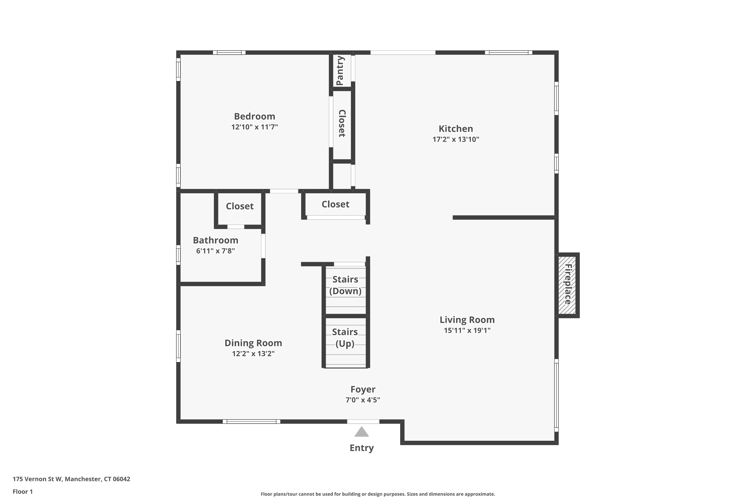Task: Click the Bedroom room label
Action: click(x=254, y=116)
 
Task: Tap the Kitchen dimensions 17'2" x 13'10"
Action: click(x=456, y=139)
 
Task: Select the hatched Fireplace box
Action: click(x=567, y=285)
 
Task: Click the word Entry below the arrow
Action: click(x=362, y=448)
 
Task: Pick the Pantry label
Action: click(x=340, y=70)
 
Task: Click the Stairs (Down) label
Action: click(x=345, y=285)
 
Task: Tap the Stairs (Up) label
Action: click(x=345, y=338)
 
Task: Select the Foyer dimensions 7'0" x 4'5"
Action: click(x=363, y=400)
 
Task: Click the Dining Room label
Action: click(x=253, y=343)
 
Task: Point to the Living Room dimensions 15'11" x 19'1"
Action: click(x=467, y=330)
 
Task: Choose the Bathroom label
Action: click(x=215, y=240)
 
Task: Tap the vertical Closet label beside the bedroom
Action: click(x=342, y=123)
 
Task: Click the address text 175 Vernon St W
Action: click(x=37, y=479)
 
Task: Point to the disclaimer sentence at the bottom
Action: click(x=378, y=494)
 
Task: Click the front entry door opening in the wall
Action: click(x=363, y=421)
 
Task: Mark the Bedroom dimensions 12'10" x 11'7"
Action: click(x=254, y=127)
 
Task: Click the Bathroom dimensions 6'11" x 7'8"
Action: click(x=215, y=251)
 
